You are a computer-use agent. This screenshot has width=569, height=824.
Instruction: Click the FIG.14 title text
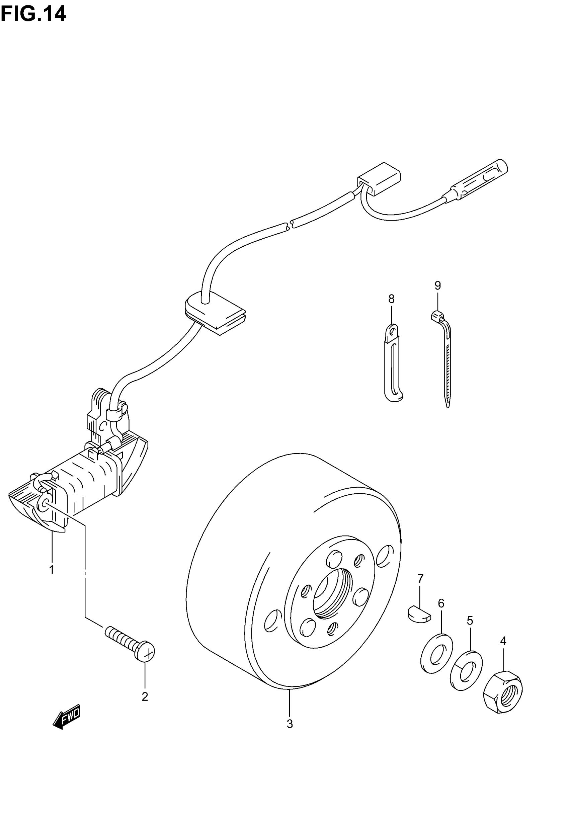tap(33, 14)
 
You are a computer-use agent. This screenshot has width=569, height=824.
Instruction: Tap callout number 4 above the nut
tap(503, 641)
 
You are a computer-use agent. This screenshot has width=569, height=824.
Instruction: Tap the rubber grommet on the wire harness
tap(215, 313)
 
